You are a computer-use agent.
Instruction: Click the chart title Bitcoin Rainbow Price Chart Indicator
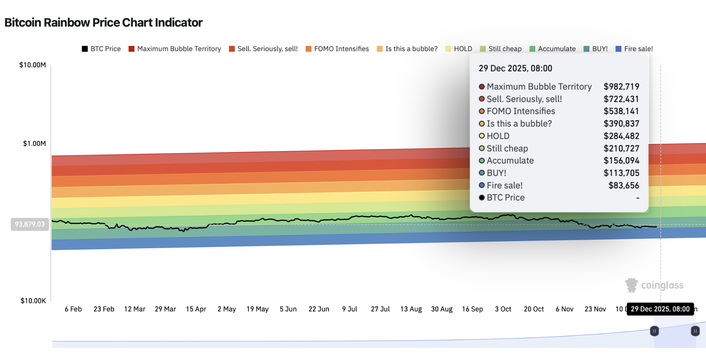pos(103,23)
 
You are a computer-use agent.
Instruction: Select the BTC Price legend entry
pos(101,49)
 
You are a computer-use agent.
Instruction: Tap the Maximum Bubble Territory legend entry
pos(175,49)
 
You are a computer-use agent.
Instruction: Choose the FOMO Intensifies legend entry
pos(337,49)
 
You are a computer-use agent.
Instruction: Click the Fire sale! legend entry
pos(634,49)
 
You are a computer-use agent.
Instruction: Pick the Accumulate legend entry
pos(553,49)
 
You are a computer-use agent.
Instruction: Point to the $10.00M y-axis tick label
pos(32,65)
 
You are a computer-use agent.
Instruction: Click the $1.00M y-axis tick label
pos(34,143)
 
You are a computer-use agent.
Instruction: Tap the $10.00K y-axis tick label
pos(33,301)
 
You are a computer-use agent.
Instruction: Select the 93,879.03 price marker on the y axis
pos(30,224)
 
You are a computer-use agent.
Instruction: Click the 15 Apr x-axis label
pos(196,309)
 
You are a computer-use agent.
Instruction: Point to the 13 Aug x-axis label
pos(411,309)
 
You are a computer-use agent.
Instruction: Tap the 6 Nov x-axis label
pos(564,309)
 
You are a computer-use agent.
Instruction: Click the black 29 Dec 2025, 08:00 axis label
pos(660,309)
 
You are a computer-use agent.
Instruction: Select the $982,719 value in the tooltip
pos(621,86)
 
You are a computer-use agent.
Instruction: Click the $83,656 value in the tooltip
pos(623,186)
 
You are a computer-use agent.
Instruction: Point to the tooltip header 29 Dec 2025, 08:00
pos(515,68)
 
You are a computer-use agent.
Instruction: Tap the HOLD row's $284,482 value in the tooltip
pos(621,136)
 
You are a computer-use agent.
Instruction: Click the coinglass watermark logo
pos(654,285)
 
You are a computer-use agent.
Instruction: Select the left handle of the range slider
pos(654,331)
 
